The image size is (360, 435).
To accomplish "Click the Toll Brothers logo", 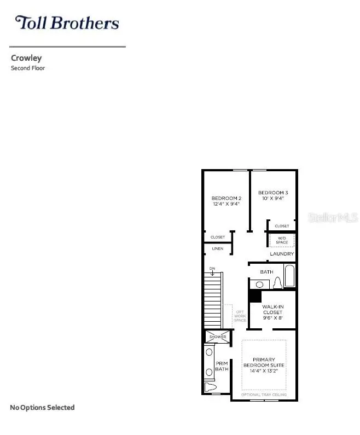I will (67, 23).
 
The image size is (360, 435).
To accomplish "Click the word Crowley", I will (26, 57).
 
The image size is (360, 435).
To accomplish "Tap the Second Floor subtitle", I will (28, 68).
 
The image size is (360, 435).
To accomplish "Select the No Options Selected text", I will (42, 408).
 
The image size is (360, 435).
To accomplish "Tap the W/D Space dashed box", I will (282, 240).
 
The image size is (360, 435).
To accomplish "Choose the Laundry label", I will (282, 254).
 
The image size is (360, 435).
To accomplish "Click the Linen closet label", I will (217, 249).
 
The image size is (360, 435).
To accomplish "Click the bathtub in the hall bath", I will (289, 276).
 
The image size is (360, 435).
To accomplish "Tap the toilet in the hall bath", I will (277, 283).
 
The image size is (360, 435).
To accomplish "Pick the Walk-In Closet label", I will (272, 312).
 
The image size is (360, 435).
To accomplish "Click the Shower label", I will (217, 337).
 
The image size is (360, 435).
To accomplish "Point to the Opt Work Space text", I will (240, 316).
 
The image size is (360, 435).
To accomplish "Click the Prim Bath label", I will (222, 366).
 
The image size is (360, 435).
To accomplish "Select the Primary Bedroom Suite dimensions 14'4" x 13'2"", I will (264, 370).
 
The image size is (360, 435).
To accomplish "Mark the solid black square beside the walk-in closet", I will (255, 295).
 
